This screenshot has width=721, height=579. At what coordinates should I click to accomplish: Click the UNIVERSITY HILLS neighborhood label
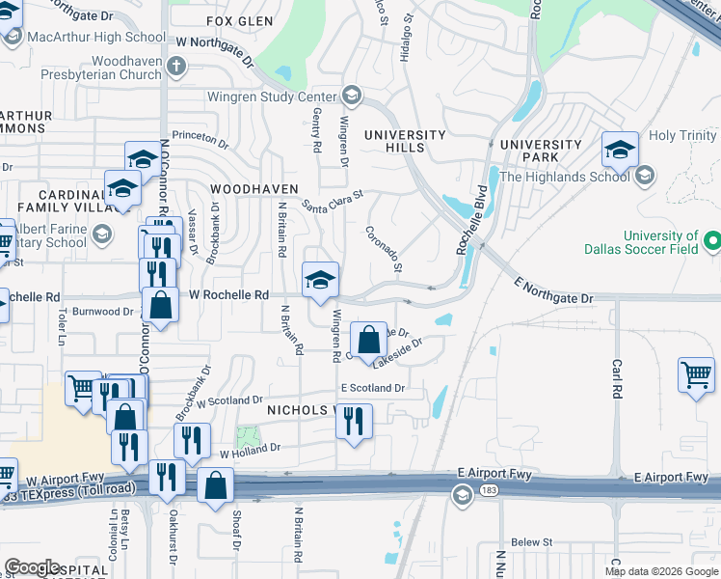[404, 141]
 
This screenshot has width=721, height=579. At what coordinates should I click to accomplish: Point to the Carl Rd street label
[617, 379]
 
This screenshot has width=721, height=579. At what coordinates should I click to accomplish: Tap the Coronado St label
[384, 248]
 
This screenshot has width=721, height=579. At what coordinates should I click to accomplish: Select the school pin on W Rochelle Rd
[320, 280]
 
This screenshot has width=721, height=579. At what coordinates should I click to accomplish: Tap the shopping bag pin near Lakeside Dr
[368, 340]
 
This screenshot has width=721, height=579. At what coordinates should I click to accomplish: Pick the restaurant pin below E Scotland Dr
[355, 420]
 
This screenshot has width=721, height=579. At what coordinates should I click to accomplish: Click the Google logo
[33, 568]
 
